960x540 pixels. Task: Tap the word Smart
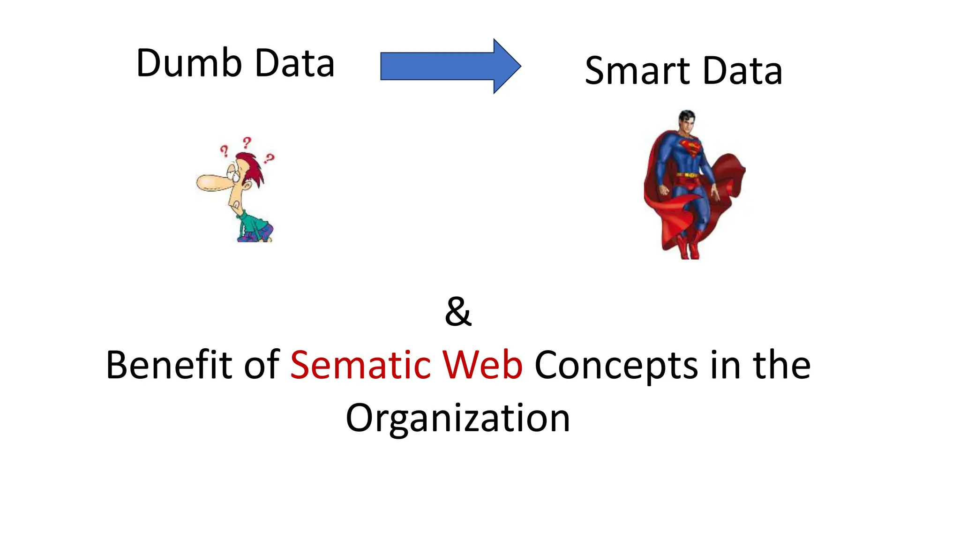pyautogui.click(x=637, y=71)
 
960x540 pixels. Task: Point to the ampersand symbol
pyautogui.click(x=458, y=312)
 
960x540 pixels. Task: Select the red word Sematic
pyautogui.click(x=360, y=365)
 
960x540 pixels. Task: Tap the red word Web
pyautogui.click(x=482, y=365)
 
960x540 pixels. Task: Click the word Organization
pyautogui.click(x=457, y=418)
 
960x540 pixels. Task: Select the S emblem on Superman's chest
pyautogui.click(x=690, y=147)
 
